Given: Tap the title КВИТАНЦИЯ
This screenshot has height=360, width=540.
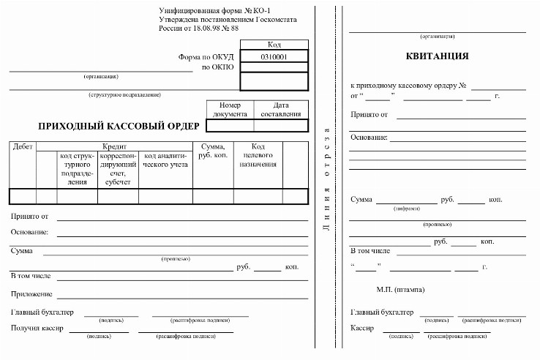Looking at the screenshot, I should click(437, 56).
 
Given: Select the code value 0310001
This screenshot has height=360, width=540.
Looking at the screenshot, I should click(274, 56).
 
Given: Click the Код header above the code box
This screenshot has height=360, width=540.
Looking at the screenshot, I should click(274, 45).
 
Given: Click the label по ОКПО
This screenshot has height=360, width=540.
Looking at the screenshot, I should click(217, 67).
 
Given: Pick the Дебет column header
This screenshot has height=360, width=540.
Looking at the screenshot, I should click(23, 146).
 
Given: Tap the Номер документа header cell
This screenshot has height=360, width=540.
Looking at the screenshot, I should click(230, 109).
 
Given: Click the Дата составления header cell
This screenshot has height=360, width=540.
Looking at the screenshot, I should click(281, 109).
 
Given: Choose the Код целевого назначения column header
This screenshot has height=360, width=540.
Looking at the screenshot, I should click(258, 155).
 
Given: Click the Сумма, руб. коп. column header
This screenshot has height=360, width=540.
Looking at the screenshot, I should click(212, 151).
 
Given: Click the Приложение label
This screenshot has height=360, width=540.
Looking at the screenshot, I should click(31, 294).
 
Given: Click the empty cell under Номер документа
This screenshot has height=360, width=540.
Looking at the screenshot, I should click(230, 125).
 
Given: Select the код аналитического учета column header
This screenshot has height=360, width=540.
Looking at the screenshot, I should click(165, 160).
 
